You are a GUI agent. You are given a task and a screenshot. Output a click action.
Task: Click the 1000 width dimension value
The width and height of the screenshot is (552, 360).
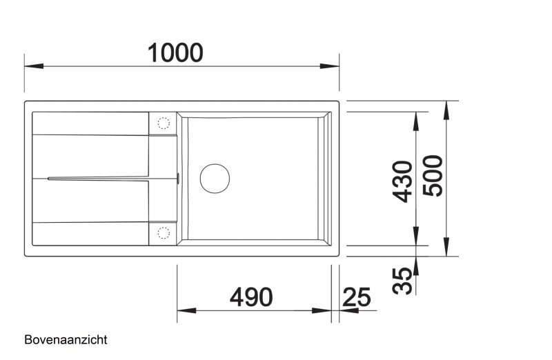click(176, 52)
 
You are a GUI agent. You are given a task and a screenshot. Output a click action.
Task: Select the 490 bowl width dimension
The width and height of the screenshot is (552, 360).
click(250, 297)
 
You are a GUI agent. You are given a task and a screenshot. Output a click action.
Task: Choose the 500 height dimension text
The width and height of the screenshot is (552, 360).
click(433, 177)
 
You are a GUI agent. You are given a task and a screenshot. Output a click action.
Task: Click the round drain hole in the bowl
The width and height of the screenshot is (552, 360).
click(215, 178)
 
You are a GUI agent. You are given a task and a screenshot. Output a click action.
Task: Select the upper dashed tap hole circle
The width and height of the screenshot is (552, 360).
click(164, 123)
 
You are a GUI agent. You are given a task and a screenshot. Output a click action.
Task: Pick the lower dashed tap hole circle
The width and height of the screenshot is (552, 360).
click(164, 232)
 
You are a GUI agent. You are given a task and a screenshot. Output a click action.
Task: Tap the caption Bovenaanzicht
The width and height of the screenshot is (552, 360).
click(66, 340)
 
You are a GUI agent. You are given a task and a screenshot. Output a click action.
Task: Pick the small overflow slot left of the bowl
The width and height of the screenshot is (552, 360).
click(179, 178)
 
